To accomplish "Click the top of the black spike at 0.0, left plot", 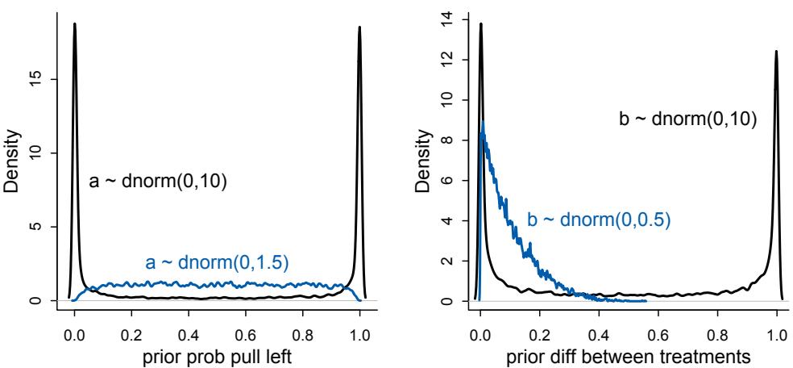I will [x=74, y=24].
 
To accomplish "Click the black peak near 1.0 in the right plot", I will [x=776, y=52].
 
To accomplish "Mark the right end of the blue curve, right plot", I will [x=646, y=301].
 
